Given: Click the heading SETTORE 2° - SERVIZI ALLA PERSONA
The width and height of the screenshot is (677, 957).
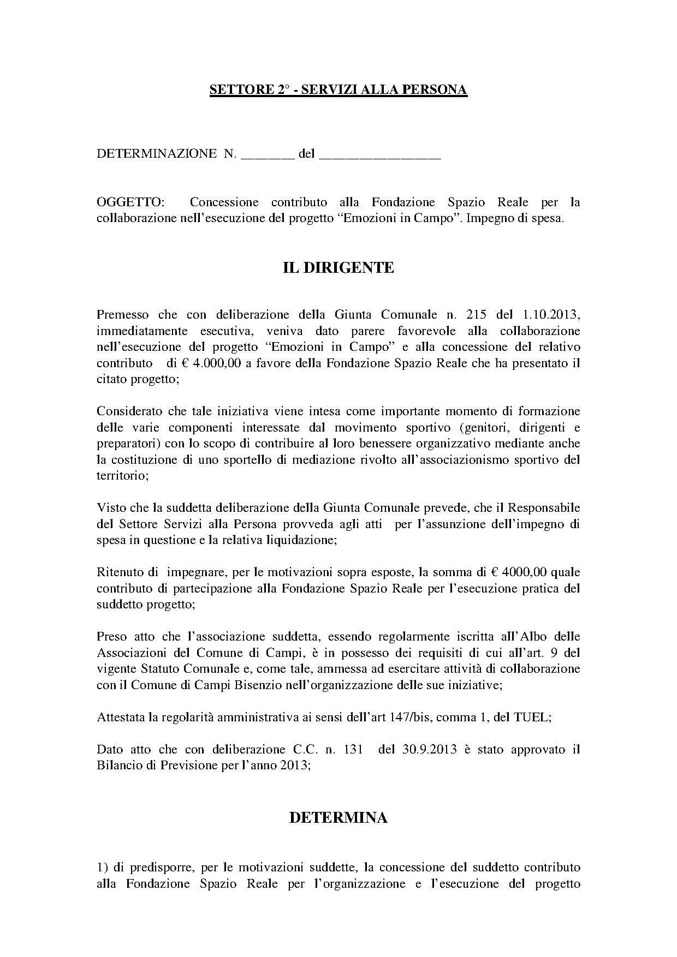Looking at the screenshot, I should [338, 90].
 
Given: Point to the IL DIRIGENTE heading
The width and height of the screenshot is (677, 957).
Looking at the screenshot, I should [338, 267].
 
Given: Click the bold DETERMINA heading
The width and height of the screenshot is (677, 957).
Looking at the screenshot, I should [338, 817].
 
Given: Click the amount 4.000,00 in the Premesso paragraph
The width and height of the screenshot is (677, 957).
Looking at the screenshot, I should [215, 363].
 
